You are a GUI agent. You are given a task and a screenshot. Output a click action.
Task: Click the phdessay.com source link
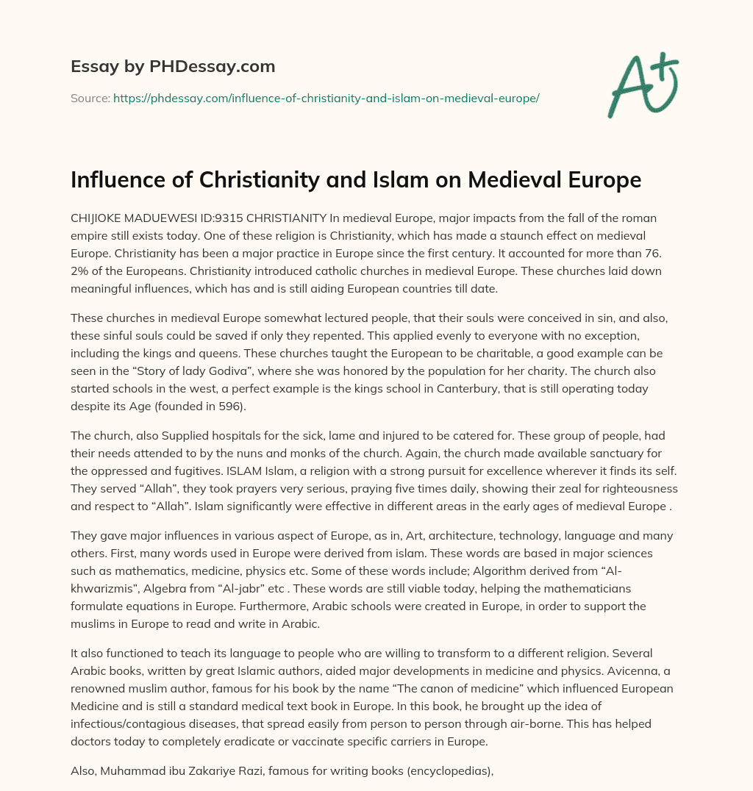click(x=326, y=98)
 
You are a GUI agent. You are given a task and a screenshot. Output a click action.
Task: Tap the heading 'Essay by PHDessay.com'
click(x=173, y=67)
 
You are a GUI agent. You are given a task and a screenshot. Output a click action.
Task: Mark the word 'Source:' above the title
click(x=90, y=98)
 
